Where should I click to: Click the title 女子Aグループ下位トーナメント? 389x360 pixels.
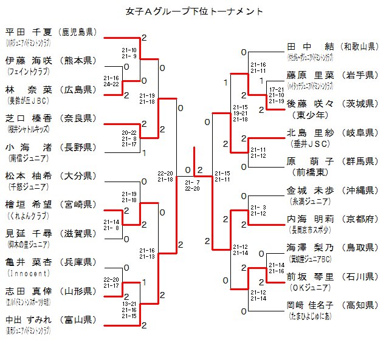pos(194,12)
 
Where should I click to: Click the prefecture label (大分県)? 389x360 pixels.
pos(77,175)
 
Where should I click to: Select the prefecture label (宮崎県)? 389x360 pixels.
pos(77,204)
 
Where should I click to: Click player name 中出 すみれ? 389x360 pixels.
pos(29,319)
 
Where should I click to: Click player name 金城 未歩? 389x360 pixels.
pos(310,190)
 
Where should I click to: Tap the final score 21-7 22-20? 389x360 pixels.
pos(193,185)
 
